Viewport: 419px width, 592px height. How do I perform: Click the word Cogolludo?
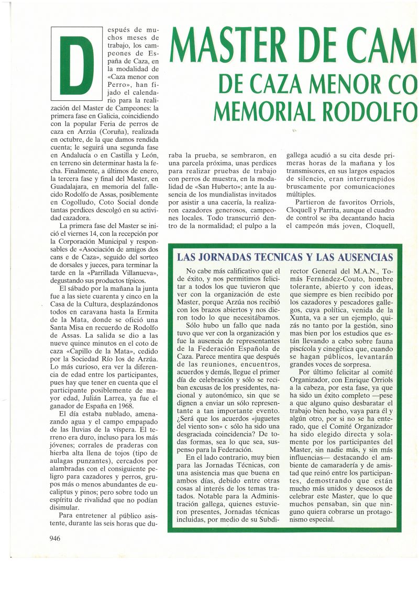[x=80, y=209]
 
